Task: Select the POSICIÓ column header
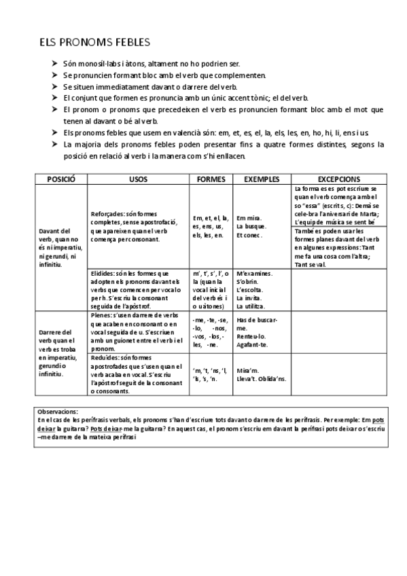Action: point(60,179)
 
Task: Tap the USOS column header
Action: point(137,179)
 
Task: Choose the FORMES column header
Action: point(211,179)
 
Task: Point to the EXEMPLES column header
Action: point(262,179)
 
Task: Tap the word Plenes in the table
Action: point(101,316)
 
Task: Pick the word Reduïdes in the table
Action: point(105,357)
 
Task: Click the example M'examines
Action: point(255,273)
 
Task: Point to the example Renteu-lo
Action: point(251,336)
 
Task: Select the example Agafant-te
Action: point(253,345)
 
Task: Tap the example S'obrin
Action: point(248,282)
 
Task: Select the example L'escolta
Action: point(250,290)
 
